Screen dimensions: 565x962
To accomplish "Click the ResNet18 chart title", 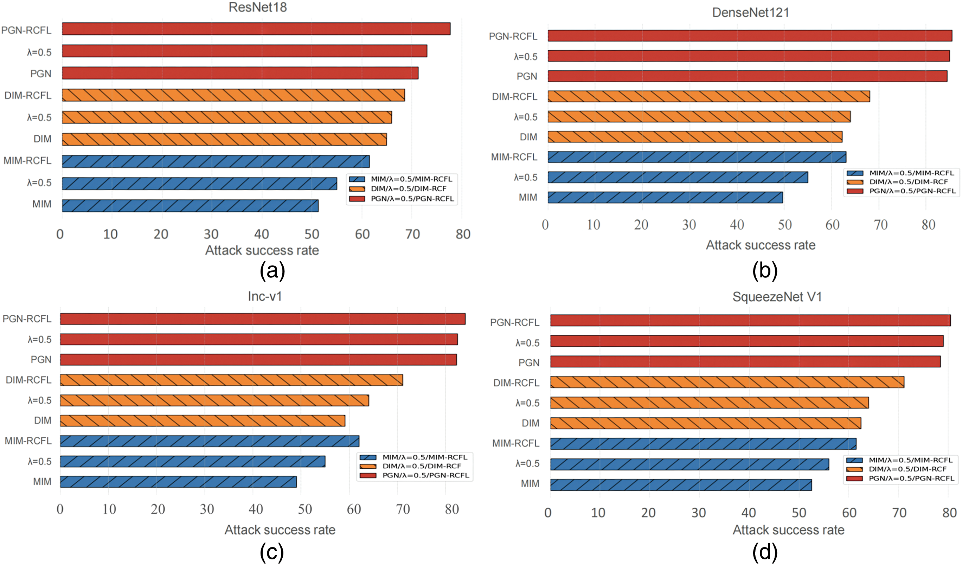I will [x=258, y=7].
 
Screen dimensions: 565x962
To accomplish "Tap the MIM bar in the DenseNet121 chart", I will [x=665, y=197].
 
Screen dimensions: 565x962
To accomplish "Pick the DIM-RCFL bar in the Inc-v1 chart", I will [x=231, y=380].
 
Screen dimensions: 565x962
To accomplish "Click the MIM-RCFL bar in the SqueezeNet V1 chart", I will [x=703, y=444].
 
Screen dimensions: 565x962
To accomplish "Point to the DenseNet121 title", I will [x=751, y=13].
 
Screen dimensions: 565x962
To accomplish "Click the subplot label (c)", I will [x=272, y=552].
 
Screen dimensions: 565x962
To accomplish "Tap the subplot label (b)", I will [x=765, y=271].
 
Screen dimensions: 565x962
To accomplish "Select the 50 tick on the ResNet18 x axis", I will [x=312, y=234].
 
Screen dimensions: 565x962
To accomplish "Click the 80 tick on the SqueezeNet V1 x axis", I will [x=949, y=512].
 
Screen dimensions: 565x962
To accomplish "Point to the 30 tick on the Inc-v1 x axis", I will [x=207, y=509].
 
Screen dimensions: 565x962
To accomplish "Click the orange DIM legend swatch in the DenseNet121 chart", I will [x=855, y=182].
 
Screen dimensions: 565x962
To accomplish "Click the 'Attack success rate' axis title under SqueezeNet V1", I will [x=788, y=530].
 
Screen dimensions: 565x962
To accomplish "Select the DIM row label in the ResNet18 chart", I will [x=43, y=139].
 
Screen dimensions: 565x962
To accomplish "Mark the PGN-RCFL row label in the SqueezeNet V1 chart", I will [x=515, y=323].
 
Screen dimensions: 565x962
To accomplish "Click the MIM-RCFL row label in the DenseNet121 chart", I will [x=514, y=157].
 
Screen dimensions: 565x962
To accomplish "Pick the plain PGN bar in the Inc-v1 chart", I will [x=258, y=360].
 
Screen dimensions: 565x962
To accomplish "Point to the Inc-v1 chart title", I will [x=264, y=296].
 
